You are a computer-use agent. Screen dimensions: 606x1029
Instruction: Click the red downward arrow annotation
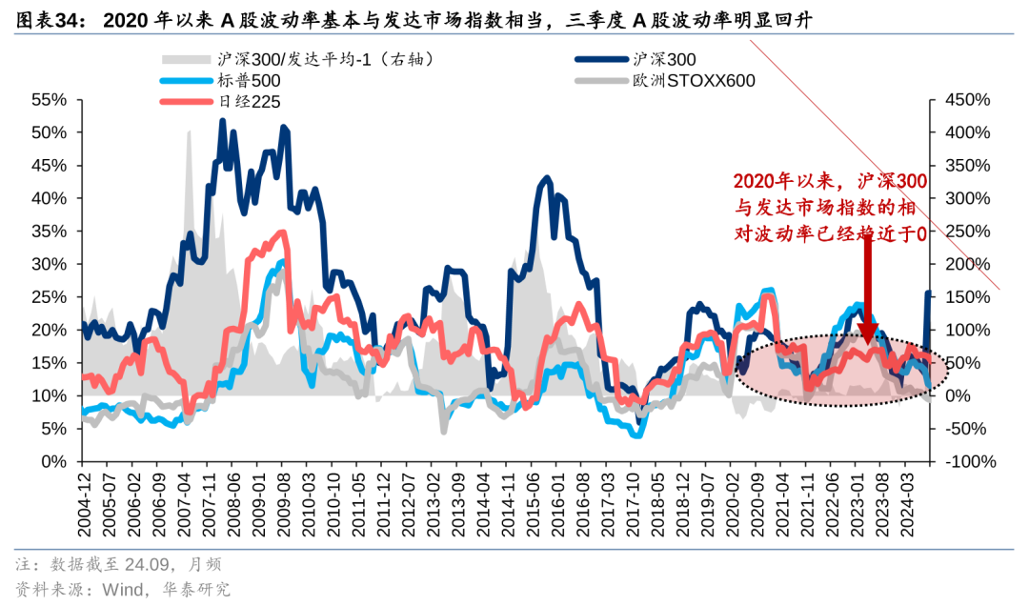click(867, 286)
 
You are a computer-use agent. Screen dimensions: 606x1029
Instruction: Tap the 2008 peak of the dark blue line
click(222, 121)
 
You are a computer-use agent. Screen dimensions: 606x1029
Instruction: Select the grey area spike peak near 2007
click(189, 131)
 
